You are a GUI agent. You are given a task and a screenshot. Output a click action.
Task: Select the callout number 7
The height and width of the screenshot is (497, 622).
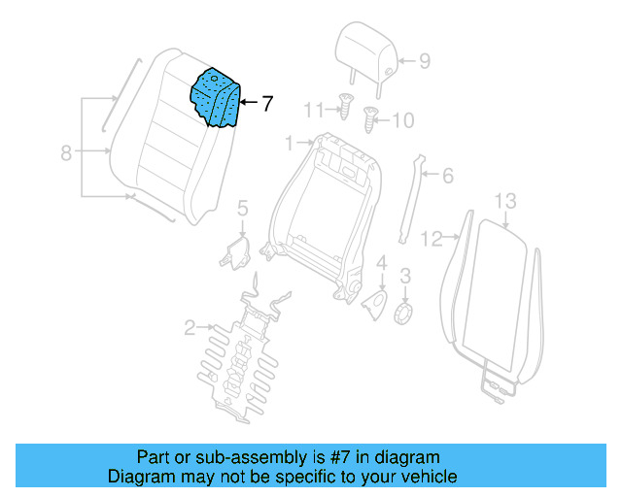coord(268,102)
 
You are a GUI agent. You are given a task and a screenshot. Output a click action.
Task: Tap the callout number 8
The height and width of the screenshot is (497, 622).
coord(66,152)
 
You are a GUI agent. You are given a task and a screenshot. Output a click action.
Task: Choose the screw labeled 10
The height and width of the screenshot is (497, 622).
coord(370,121)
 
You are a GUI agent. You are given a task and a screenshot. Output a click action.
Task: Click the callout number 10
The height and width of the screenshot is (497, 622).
coord(402,121)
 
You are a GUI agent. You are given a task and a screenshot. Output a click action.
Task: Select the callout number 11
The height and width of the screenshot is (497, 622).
coord(311,109)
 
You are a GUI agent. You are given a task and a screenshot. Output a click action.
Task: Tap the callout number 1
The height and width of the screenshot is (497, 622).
coord(288,144)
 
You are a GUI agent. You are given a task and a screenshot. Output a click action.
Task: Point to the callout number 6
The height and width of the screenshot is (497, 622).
coord(447,177)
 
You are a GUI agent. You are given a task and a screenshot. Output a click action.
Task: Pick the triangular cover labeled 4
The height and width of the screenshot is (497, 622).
coord(375,302)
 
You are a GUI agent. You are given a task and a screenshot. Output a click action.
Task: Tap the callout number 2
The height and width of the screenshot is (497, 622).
coord(190,327)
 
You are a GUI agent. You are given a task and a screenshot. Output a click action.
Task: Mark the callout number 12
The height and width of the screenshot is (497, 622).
coord(432,236)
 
